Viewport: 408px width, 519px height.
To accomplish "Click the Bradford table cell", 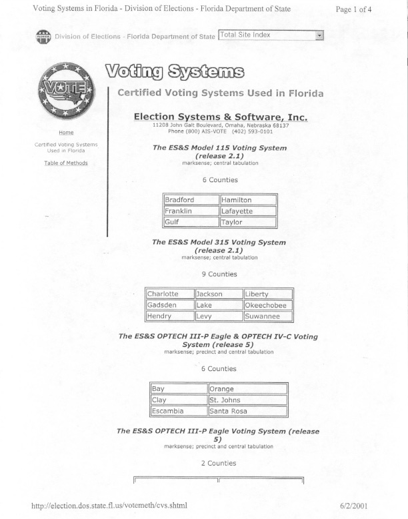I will [191, 199].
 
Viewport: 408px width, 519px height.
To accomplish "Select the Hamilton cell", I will [248, 199].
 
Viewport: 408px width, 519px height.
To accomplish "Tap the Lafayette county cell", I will [248, 211].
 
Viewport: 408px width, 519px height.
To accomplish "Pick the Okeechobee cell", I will [267, 305].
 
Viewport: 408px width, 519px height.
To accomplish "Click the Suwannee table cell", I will [267, 316].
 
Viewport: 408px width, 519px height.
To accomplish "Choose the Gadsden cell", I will [169, 305].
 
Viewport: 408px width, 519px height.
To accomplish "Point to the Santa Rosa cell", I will [247, 411].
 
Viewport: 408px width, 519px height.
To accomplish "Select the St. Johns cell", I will [247, 400].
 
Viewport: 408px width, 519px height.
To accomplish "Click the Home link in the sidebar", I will [66, 133].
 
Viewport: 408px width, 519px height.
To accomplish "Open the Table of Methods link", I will [66, 163].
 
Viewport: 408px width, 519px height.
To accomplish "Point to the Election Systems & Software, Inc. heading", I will [221, 117].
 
